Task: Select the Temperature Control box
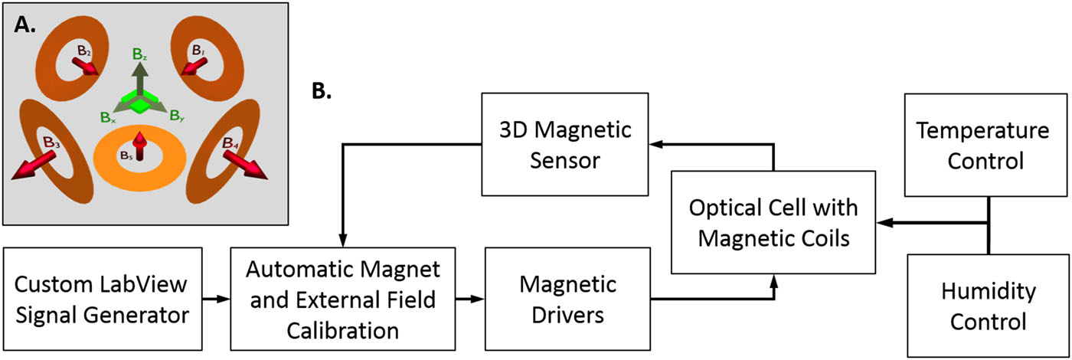(x=984, y=146)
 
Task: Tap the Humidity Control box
(x=984, y=306)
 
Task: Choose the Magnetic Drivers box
(x=567, y=299)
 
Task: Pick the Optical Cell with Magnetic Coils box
(x=773, y=223)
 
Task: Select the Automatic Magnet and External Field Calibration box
(x=342, y=299)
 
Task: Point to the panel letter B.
(x=322, y=92)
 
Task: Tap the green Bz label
(x=140, y=56)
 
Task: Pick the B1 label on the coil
(x=198, y=51)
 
